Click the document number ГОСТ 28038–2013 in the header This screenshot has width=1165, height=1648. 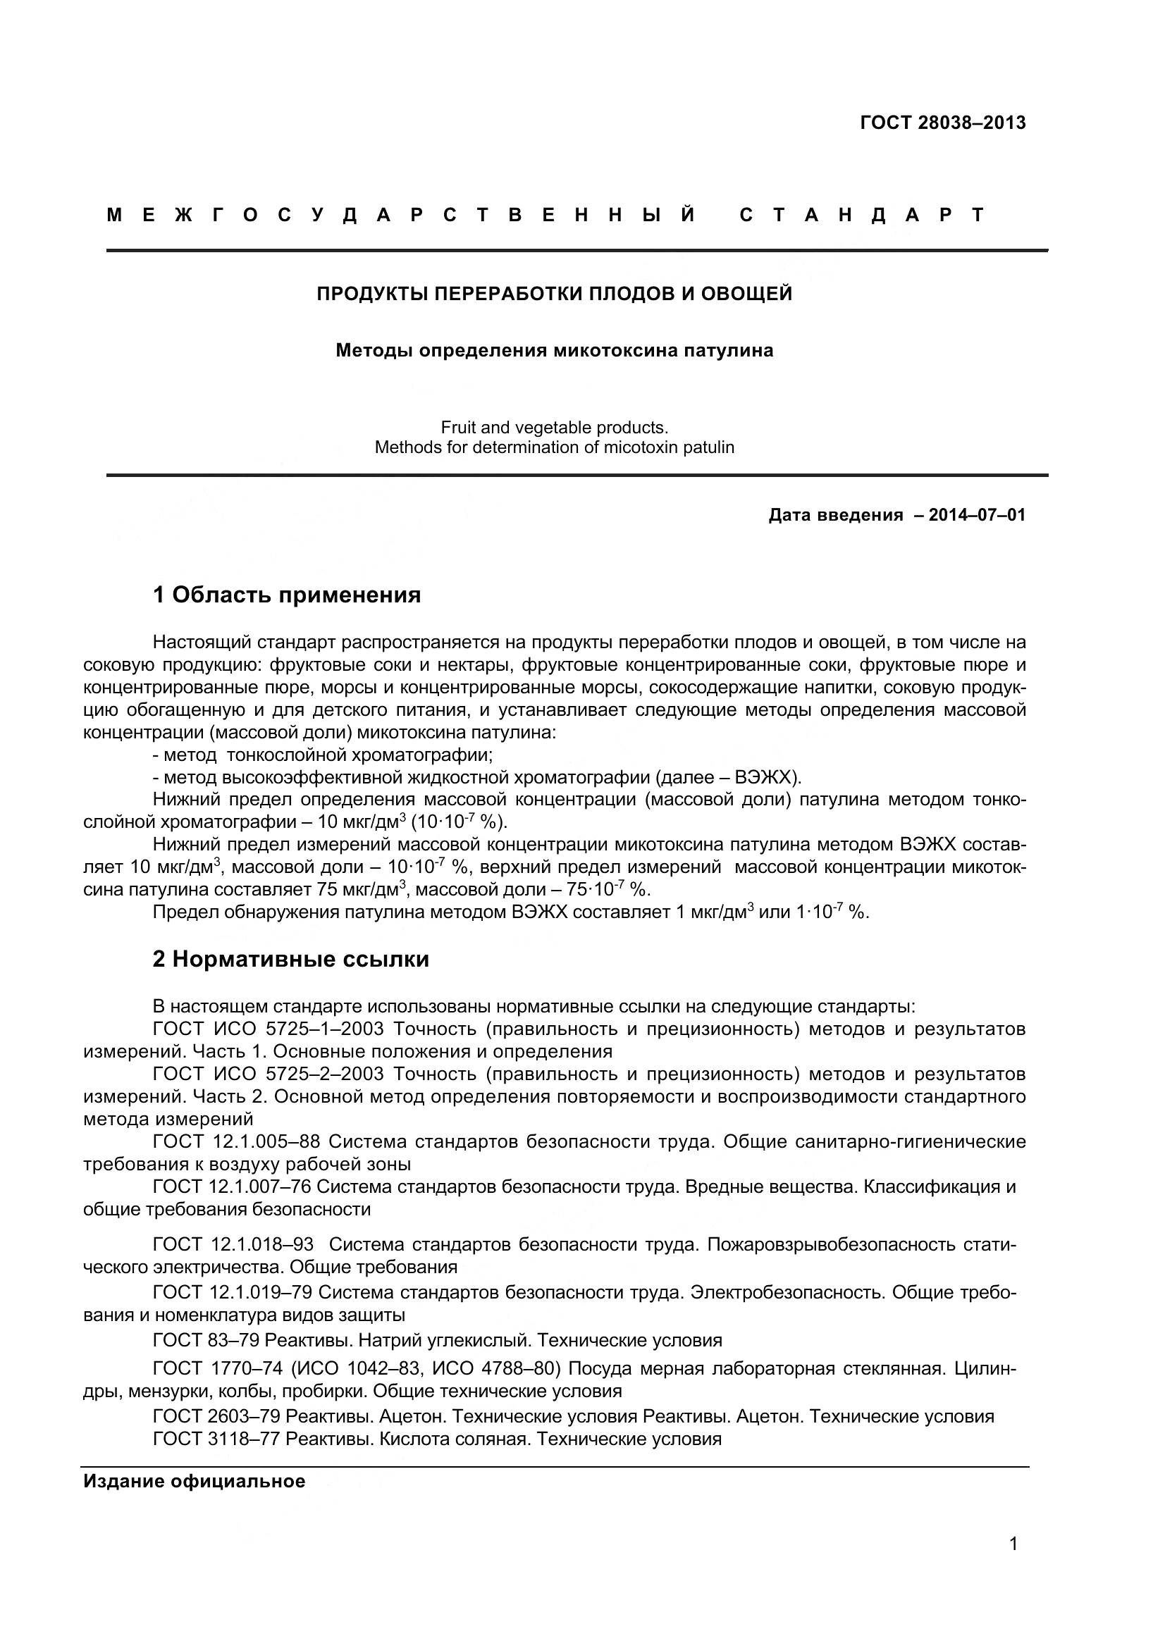[x=942, y=123]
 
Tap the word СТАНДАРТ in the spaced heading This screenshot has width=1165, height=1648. [x=861, y=215]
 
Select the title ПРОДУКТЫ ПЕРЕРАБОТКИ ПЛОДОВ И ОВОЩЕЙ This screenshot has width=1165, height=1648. [x=554, y=294]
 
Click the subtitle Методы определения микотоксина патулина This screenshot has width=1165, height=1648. [x=554, y=351]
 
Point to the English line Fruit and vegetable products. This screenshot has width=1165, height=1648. [x=554, y=428]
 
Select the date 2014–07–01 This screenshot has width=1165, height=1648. [x=977, y=514]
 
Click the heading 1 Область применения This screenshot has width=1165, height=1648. [x=286, y=595]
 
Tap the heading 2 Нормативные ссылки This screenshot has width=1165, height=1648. [x=290, y=959]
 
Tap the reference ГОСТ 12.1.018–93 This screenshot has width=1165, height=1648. [x=233, y=1244]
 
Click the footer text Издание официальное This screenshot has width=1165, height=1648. [x=195, y=1481]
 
